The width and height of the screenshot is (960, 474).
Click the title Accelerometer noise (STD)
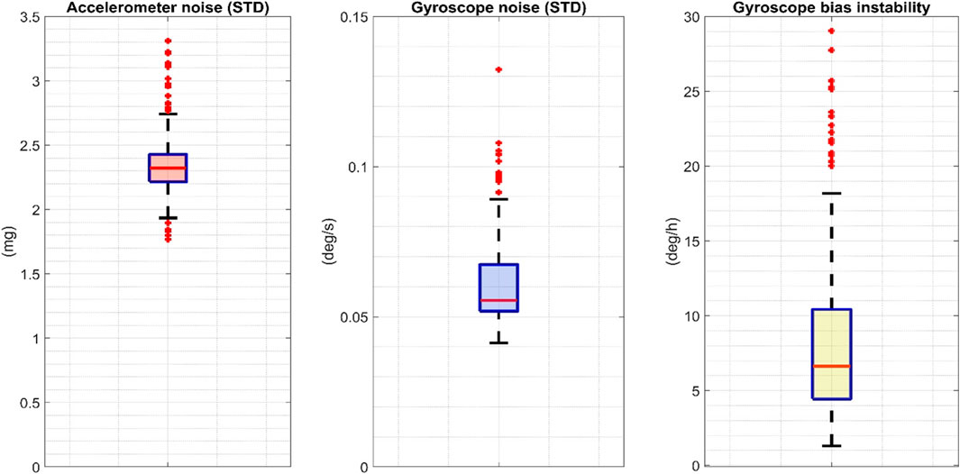[168, 7]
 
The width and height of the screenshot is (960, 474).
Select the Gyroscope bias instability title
[829, 7]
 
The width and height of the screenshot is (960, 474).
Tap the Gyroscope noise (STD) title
[498, 7]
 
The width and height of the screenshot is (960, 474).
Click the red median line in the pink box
[168, 168]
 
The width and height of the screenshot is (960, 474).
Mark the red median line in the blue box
[498, 300]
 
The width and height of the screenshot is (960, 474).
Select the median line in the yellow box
[830, 366]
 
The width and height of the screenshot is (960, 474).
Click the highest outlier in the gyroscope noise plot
[498, 69]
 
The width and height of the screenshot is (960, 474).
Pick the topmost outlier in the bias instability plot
[830, 31]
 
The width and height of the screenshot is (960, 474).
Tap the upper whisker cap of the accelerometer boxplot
[168, 114]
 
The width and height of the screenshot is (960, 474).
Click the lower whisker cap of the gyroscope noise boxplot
[498, 343]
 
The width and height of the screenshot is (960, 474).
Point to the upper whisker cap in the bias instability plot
[830, 193]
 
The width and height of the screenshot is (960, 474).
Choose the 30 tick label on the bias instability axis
[689, 17]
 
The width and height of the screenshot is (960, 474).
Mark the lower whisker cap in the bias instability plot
[830, 445]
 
